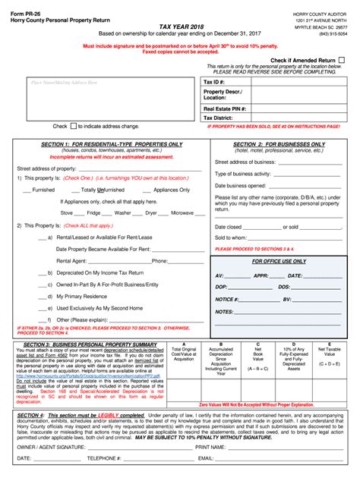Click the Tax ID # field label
coord(214,81)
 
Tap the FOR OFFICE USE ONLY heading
coord(279,261)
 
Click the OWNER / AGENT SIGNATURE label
coord(51,446)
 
